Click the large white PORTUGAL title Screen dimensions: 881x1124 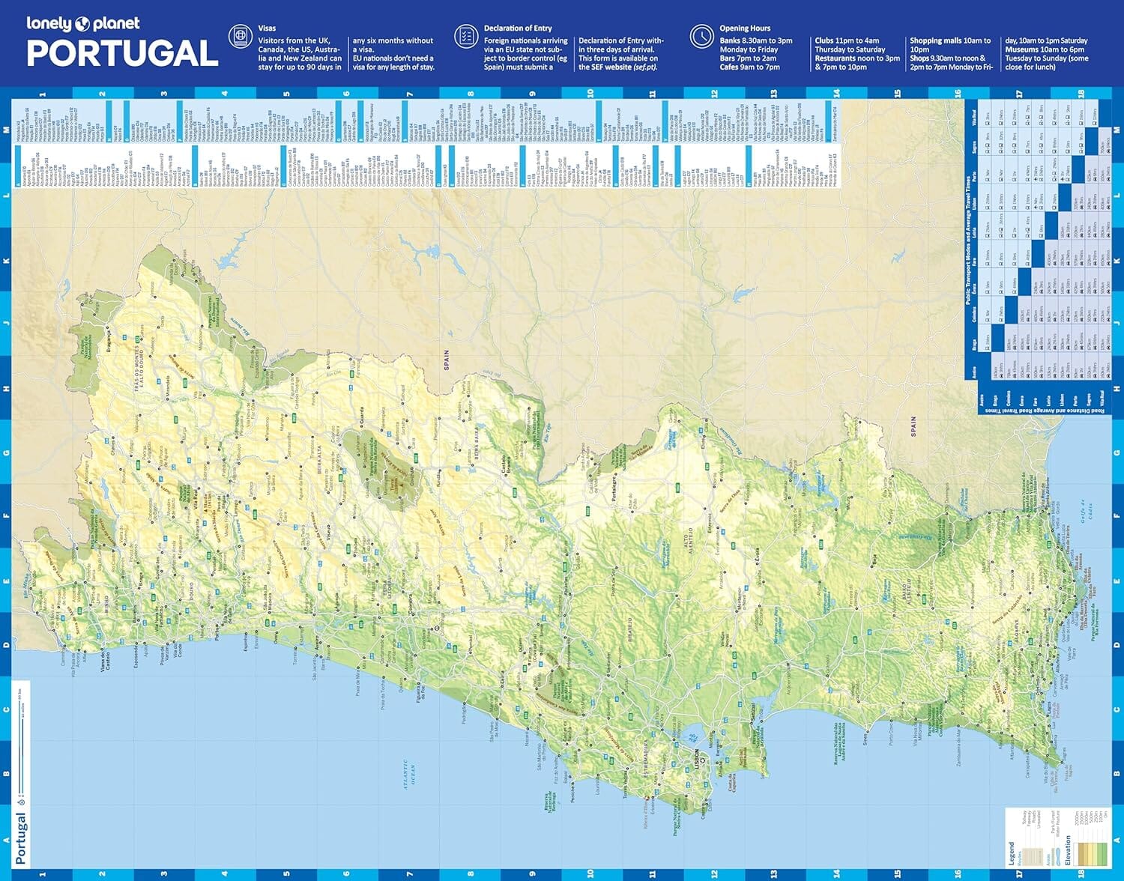click(122, 53)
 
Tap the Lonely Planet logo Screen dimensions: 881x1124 click(82, 23)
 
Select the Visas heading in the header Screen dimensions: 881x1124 click(267, 28)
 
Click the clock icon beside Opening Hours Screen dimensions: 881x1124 click(701, 36)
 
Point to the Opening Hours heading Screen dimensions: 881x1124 click(745, 28)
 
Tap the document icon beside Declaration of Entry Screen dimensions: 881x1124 click(465, 36)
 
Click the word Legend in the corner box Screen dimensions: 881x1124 click(1012, 853)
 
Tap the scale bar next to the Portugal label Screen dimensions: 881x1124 click(22, 742)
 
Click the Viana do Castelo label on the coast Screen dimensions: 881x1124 click(104, 664)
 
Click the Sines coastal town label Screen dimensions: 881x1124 click(865, 738)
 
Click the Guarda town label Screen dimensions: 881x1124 click(363, 414)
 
